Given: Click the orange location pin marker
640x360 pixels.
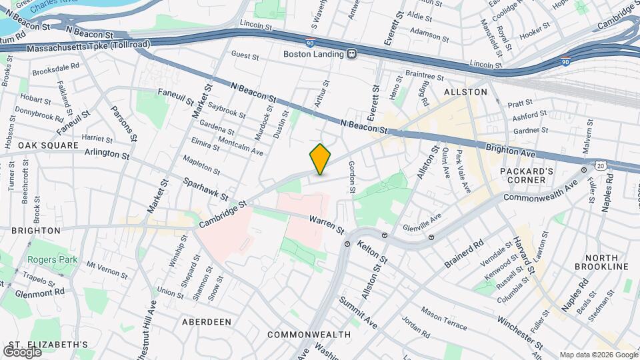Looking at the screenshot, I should pyautogui.click(x=320, y=159).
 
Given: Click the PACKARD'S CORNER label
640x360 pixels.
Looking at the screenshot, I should pyautogui.click(x=527, y=177).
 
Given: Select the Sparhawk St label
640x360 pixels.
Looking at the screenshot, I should pyautogui.click(x=206, y=189).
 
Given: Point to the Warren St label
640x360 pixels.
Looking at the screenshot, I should pyautogui.click(x=327, y=224).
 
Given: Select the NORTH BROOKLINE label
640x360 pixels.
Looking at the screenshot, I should pyautogui.click(x=607, y=262).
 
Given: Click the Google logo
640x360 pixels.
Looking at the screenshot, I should pyautogui.click(x=22, y=351).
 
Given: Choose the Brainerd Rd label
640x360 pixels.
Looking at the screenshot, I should pyautogui.click(x=464, y=255).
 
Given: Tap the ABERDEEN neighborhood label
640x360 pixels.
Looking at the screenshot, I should pyautogui.click(x=207, y=322).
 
